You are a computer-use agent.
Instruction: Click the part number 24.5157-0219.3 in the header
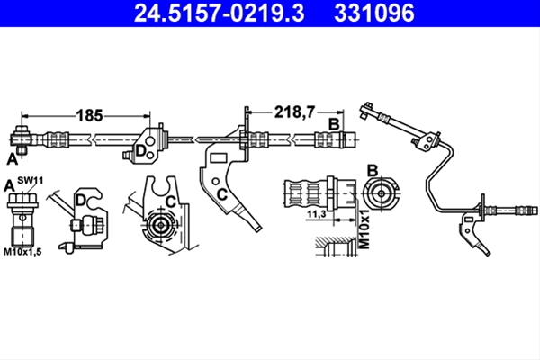219,13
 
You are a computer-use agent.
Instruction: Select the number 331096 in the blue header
374,13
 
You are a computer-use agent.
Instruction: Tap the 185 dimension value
89,115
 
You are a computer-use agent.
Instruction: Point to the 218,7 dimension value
294,112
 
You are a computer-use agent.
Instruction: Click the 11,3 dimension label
317,214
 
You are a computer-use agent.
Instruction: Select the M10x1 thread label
364,229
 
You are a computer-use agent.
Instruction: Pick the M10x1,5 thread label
22,252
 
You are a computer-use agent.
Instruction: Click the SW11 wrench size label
31,180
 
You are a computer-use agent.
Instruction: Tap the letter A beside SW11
9,186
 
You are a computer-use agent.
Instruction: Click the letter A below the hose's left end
13,159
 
